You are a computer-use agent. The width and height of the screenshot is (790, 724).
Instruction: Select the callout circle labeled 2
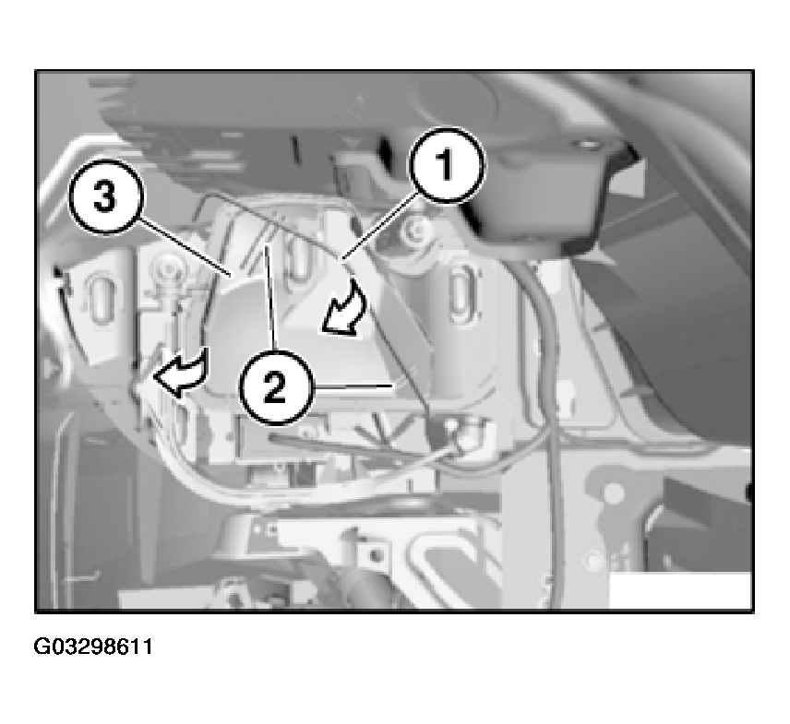(x=276, y=387)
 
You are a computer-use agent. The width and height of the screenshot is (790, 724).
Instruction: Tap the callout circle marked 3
(x=106, y=196)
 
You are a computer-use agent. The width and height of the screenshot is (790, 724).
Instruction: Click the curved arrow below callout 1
(x=345, y=309)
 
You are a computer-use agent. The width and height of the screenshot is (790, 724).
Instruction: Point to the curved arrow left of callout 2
(x=180, y=374)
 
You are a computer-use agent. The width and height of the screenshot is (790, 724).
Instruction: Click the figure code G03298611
(x=93, y=647)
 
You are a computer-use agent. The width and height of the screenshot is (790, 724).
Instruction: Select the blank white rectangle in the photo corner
(x=680, y=590)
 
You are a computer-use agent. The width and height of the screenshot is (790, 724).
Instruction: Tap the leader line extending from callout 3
(x=185, y=245)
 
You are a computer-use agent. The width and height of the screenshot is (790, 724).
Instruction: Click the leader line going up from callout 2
(x=272, y=297)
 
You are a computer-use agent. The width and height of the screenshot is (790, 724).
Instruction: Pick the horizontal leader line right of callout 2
(x=353, y=386)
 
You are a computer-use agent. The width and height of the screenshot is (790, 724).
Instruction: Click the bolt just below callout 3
(x=168, y=272)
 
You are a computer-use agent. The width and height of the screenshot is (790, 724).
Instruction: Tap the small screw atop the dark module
(x=584, y=146)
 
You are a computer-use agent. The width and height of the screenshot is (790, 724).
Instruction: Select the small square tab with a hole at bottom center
(x=373, y=555)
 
